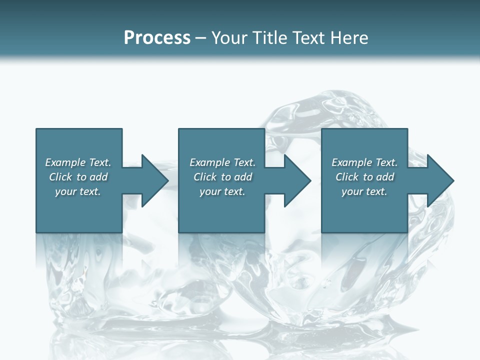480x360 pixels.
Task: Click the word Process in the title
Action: pyautogui.click(x=157, y=38)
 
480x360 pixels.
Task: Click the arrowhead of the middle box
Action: pyautogui.click(x=297, y=180)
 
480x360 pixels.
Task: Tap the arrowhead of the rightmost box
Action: pyautogui.click(x=440, y=180)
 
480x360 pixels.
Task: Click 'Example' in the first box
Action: pyautogui.click(x=65, y=162)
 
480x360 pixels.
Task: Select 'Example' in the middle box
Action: pyautogui.click(x=210, y=162)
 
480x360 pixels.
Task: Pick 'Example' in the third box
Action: pyautogui.click(x=352, y=162)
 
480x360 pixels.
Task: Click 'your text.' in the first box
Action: pyautogui.click(x=78, y=191)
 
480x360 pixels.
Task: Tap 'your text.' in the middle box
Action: pyautogui.click(x=222, y=191)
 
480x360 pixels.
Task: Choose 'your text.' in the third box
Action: pyautogui.click(x=364, y=191)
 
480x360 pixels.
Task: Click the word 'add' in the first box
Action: pyautogui.click(x=99, y=177)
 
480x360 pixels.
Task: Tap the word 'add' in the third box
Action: pyautogui.click(x=385, y=177)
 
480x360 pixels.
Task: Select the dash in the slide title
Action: pyautogui.click(x=201, y=38)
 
